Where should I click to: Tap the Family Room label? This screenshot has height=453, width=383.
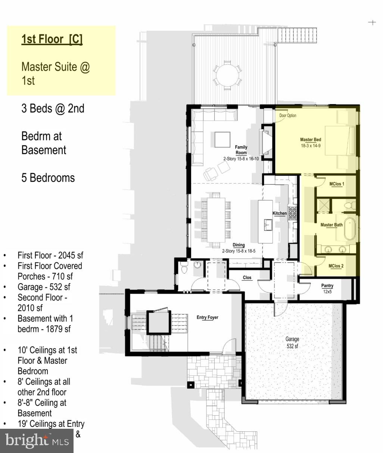click(x=241, y=150)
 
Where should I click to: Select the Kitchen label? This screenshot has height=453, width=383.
click(x=279, y=213)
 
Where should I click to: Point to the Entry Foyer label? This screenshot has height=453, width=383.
click(x=207, y=318)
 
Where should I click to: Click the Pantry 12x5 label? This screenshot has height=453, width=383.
click(x=327, y=288)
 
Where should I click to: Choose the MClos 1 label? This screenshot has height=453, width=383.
click(x=336, y=184)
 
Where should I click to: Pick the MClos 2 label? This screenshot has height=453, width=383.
click(x=336, y=266)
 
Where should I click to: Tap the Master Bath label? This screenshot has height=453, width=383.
click(x=331, y=225)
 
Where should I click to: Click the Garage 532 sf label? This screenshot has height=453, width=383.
click(x=292, y=343)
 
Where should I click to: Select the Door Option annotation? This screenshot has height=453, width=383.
click(x=288, y=116)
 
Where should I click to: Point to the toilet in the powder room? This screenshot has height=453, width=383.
click(x=184, y=269)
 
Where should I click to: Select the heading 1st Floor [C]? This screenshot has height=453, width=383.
click(x=52, y=39)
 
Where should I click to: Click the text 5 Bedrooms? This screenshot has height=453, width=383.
click(x=48, y=178)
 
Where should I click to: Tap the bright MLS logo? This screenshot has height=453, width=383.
click(x=37, y=441)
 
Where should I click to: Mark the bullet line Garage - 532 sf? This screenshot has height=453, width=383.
click(x=44, y=287)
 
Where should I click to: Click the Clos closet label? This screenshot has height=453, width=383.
click(x=247, y=278)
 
